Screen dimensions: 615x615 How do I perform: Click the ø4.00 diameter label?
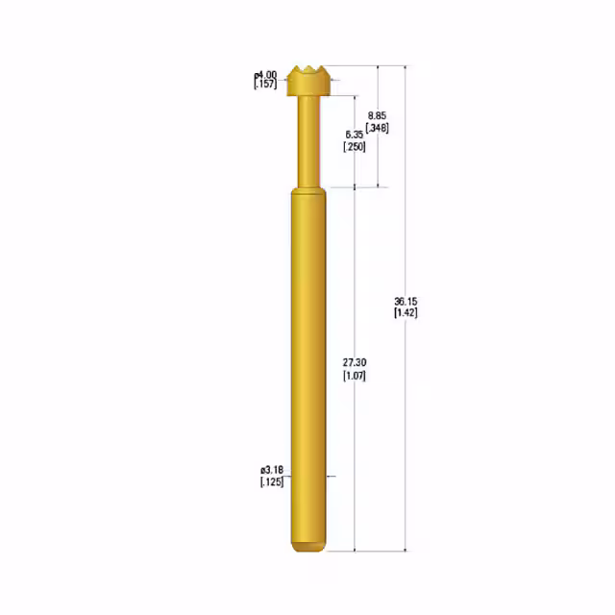tap(265, 74)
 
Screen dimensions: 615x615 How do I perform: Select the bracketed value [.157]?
tap(265, 85)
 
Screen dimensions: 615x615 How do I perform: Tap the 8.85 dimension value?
tap(378, 116)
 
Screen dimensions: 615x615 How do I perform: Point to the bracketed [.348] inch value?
tap(378, 128)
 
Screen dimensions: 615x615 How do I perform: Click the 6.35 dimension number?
tap(354, 135)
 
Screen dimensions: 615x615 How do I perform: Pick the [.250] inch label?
tap(354, 146)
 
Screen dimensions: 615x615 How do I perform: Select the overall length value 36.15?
tap(406, 301)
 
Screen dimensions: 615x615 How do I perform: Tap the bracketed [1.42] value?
tap(406, 312)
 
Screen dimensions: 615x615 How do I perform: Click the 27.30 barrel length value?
tap(354, 362)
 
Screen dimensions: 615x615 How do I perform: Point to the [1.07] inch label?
tap(354, 375)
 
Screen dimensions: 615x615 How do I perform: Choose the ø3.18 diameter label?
tap(270, 470)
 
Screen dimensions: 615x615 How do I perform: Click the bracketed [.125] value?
tap(270, 481)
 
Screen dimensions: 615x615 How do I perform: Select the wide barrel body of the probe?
tap(308, 365)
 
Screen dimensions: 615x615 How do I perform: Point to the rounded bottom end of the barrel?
tap(308, 548)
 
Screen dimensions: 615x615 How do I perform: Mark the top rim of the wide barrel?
tap(308, 191)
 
